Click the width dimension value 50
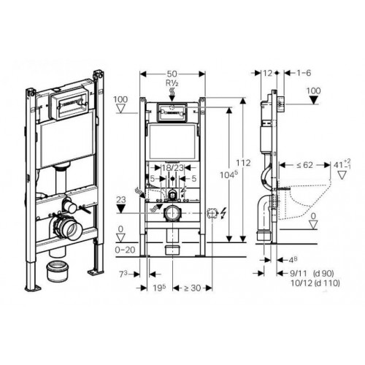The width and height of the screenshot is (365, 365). coord(172,74)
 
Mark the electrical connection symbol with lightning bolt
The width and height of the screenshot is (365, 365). coord(215,215)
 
